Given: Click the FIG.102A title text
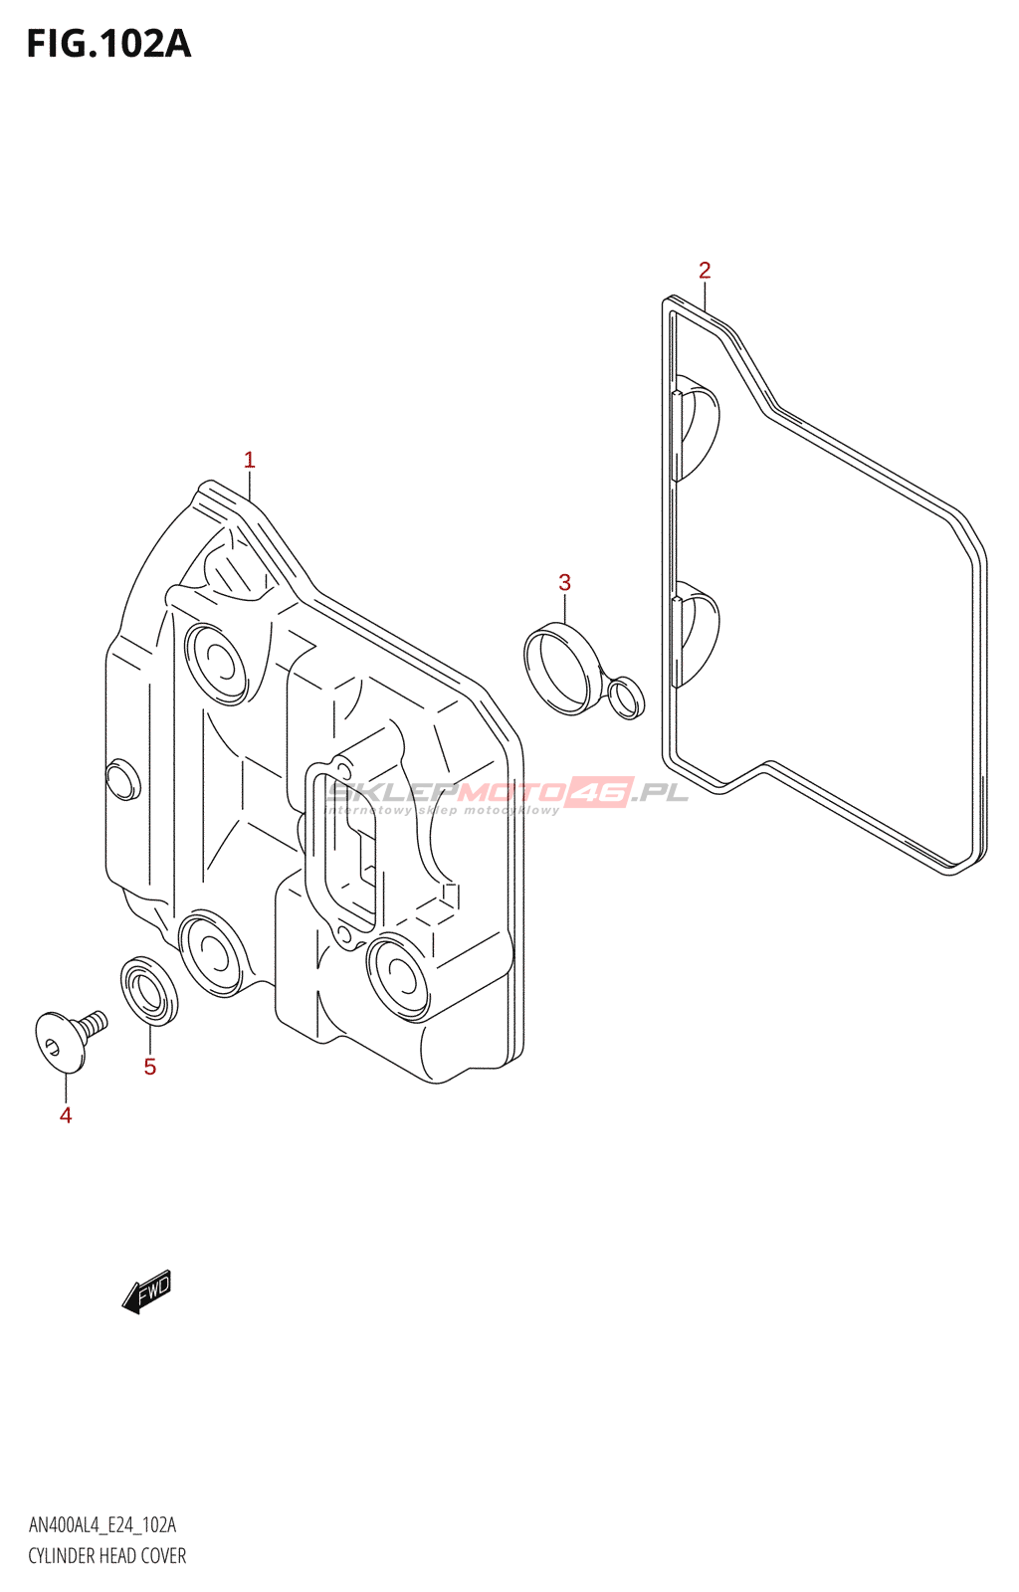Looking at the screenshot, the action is click(x=107, y=45).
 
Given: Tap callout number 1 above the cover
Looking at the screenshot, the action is click(x=250, y=460).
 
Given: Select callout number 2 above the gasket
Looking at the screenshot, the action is click(x=705, y=270).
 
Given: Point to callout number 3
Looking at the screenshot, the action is click(x=564, y=582).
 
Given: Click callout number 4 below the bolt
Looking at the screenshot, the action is click(x=66, y=1115).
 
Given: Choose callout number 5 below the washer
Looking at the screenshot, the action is click(x=150, y=1067).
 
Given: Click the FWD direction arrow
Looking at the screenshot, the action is click(x=146, y=1292).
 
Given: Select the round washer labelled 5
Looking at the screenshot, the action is click(x=149, y=990).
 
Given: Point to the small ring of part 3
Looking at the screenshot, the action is click(x=625, y=696).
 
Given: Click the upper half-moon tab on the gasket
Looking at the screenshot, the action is click(x=697, y=428).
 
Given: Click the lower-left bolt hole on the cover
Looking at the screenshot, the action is click(x=211, y=952).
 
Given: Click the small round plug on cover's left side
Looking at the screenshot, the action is click(x=121, y=779).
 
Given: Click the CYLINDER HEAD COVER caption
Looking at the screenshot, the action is click(x=107, y=1555).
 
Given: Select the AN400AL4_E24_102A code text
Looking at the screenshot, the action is click(x=102, y=1525).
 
